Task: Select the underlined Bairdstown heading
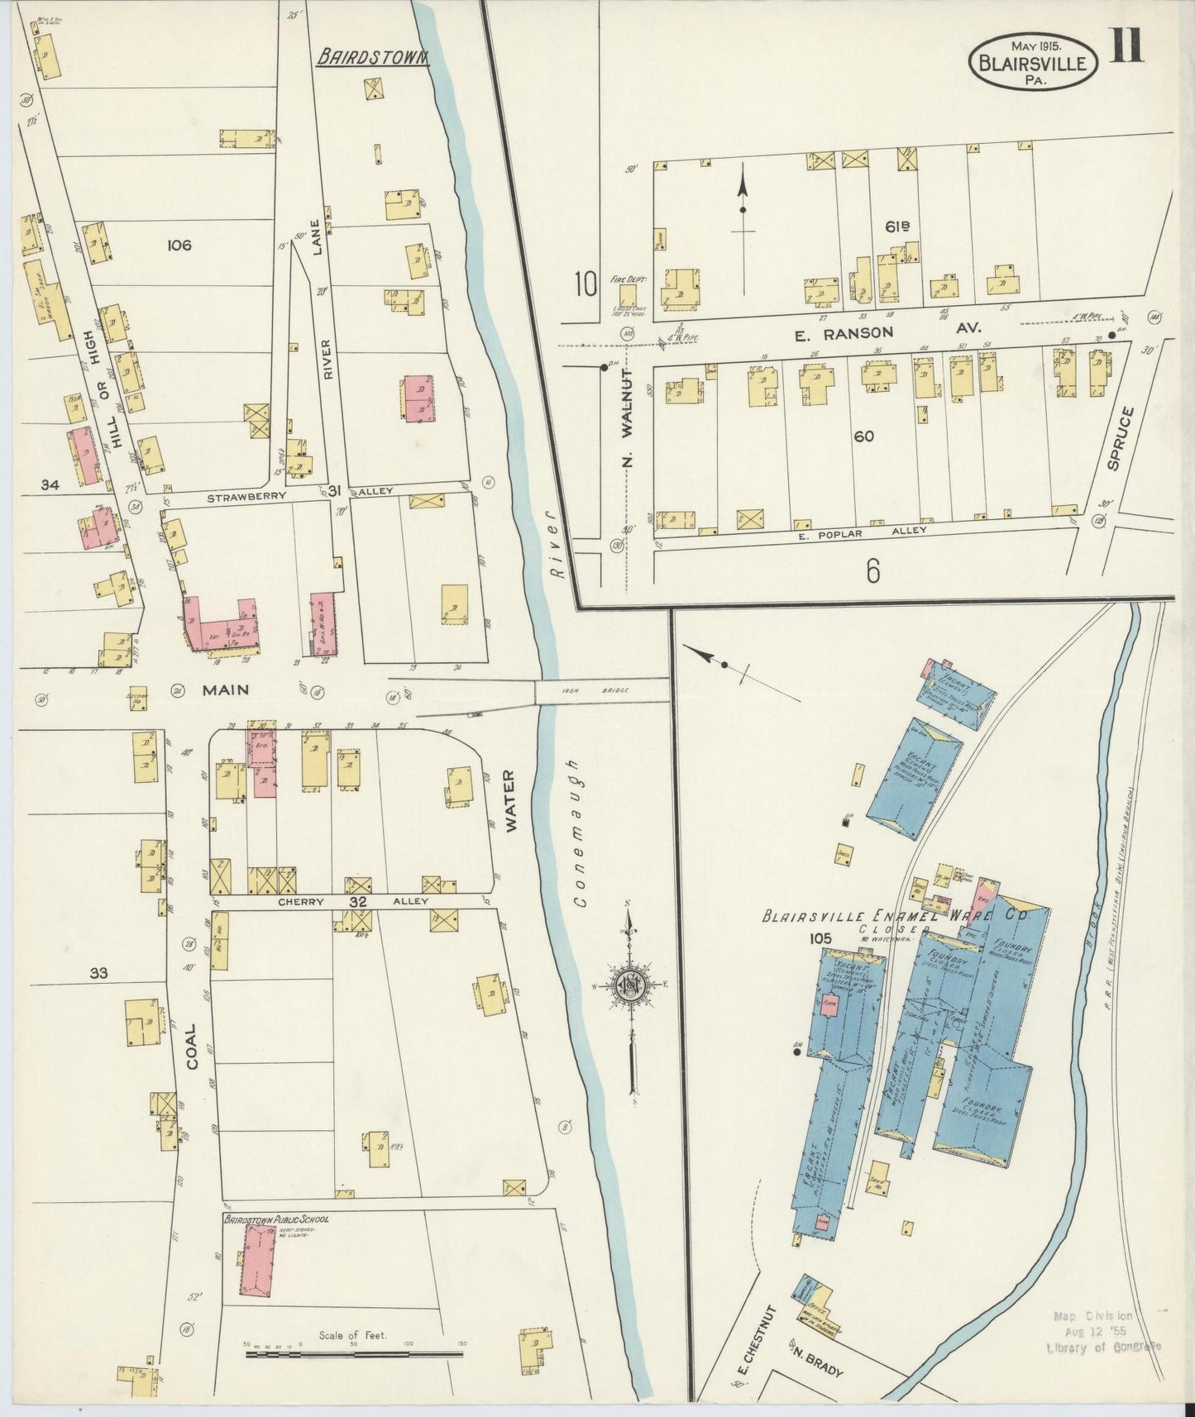[x=373, y=57]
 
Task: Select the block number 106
[x=179, y=245]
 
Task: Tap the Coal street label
[x=193, y=1047]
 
